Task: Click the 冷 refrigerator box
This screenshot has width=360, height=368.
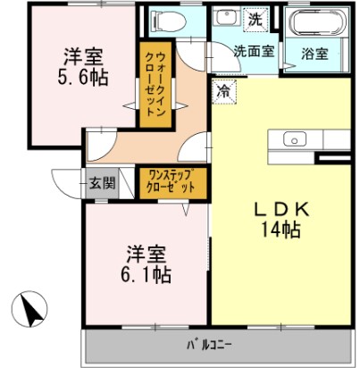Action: click(222, 90)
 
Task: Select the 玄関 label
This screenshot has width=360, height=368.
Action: click(101, 183)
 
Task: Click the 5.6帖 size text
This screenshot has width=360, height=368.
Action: click(86, 78)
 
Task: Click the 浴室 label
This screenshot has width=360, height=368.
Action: click(314, 53)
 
